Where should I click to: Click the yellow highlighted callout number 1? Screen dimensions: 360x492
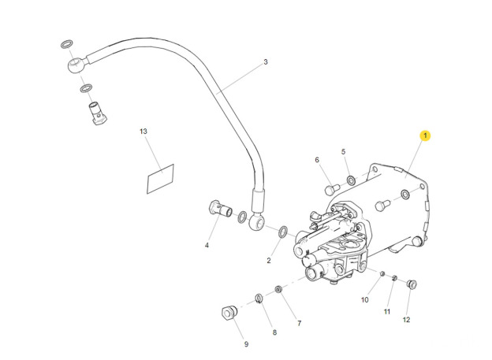(x=425, y=136)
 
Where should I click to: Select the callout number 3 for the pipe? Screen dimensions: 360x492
(x=266, y=62)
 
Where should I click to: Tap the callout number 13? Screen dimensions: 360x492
(x=143, y=131)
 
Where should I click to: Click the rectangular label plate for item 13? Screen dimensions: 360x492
(x=160, y=179)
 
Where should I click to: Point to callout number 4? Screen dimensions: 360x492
(x=207, y=245)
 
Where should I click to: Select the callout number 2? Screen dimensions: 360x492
(x=268, y=261)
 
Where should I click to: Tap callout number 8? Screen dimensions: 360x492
(x=274, y=332)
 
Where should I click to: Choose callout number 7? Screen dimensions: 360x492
(x=299, y=324)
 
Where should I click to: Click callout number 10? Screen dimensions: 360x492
(x=365, y=300)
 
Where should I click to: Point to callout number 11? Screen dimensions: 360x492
(x=387, y=312)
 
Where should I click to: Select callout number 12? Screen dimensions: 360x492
(x=407, y=320)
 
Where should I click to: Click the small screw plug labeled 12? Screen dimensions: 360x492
(x=411, y=284)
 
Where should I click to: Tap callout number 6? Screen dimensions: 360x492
(x=318, y=160)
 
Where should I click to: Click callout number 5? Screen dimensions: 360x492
(x=344, y=151)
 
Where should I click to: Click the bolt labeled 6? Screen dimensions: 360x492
(x=332, y=189)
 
